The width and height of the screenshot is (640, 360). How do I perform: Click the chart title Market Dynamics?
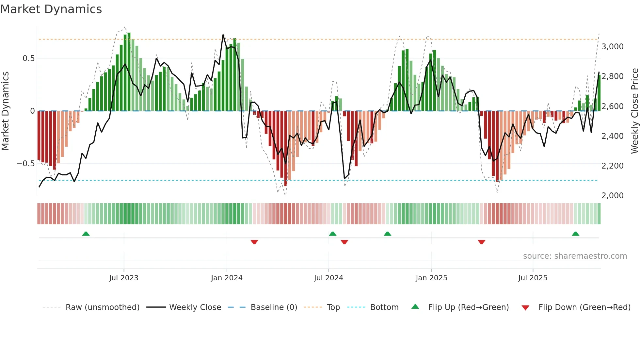point(51,9)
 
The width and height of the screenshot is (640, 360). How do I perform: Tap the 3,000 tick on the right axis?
point(612,47)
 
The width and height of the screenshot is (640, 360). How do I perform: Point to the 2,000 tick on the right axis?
point(612,196)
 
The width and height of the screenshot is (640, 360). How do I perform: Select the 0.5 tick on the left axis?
point(28,58)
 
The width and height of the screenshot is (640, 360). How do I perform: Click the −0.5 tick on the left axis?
point(25,164)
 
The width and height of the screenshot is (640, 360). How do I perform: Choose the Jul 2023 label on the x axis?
point(124,278)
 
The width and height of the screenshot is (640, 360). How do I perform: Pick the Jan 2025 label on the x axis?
point(431,278)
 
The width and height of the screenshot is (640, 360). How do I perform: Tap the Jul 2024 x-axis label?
point(328,278)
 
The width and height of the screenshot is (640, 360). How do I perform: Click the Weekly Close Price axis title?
point(634,111)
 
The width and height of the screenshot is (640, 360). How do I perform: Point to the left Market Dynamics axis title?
point(5,111)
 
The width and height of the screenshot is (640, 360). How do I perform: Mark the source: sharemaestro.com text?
point(575,256)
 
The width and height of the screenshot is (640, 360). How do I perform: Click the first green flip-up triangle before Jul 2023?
point(86,234)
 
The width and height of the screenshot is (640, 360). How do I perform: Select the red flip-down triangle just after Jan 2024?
point(254,242)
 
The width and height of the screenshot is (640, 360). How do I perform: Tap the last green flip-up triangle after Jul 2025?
point(575,234)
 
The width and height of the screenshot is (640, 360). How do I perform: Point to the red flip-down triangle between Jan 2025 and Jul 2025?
point(481,242)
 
